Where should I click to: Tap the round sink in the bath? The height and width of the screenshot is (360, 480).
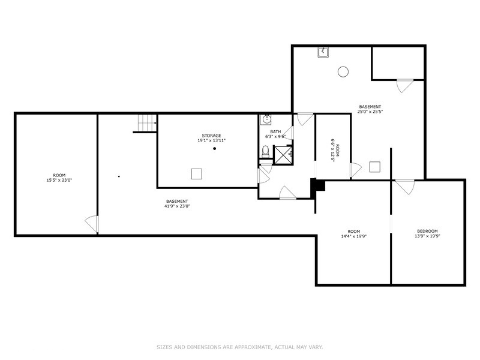click(266, 119)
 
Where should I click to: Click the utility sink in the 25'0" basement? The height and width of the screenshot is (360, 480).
click(323, 52)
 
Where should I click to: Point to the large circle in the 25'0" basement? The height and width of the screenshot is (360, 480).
click(343, 71)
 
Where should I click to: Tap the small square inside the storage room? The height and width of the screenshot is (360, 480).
click(196, 173)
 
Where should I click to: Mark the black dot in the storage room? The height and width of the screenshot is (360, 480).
click(214, 148)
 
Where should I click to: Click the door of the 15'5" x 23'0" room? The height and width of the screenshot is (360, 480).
click(92, 224)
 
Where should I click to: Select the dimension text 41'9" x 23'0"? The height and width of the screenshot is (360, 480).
click(177, 206)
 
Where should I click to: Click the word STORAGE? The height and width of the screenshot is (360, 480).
click(211, 136)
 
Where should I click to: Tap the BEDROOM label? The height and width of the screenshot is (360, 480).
click(427, 231)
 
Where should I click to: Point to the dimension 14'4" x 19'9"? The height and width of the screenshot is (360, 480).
click(353, 236)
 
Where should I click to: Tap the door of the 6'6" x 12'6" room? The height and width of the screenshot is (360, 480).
click(355, 170)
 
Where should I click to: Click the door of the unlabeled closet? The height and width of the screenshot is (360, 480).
click(404, 85)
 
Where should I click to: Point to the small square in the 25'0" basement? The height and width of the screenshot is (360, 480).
click(375, 167)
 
